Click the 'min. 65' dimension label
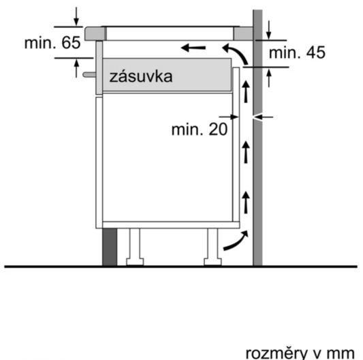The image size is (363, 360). point(52,42)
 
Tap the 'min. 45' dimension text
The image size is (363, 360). point(297,52)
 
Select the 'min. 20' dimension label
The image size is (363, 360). point(200,129)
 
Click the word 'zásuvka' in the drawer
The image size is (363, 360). point(141,76)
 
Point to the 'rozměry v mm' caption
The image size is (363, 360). point(300,353)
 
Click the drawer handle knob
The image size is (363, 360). point(89,74)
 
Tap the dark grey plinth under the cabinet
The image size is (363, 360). point(110,247)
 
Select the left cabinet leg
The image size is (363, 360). point(135,247)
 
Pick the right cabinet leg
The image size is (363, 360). point(212,247)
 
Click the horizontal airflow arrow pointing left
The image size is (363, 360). point(193,48)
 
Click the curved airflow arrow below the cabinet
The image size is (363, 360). point(236,241)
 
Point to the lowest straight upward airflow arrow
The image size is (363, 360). point(246,202)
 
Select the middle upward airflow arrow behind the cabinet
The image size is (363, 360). point(246,152)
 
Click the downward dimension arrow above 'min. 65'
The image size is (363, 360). point(76,16)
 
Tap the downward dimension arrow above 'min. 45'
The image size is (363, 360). point(268,30)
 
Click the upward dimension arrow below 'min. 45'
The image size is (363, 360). point(269,78)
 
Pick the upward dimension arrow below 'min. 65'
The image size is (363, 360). point(76,68)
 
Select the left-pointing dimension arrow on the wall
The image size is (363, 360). point(263,117)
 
